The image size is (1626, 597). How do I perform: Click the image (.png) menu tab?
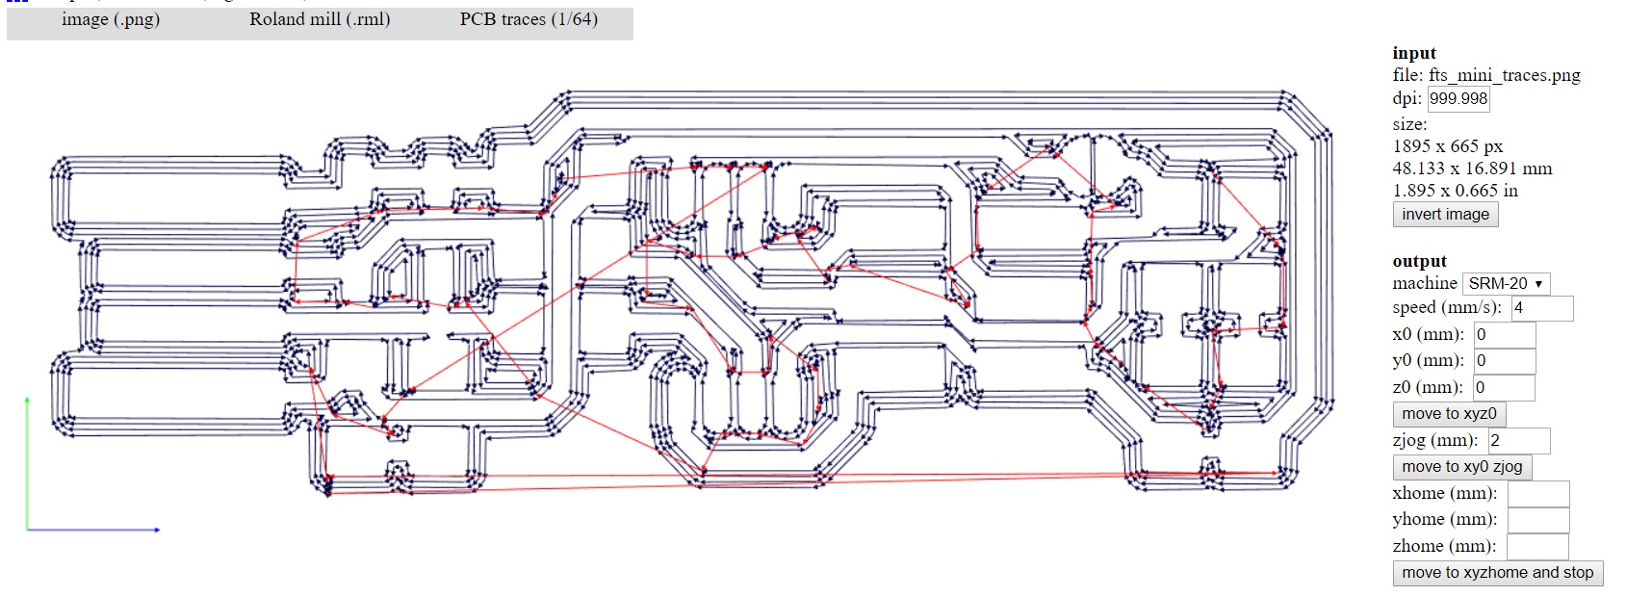click(x=111, y=19)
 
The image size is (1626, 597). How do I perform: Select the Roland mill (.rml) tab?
click(x=320, y=19)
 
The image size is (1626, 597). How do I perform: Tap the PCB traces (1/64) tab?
click(x=529, y=19)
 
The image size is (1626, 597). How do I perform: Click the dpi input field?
click(x=1458, y=98)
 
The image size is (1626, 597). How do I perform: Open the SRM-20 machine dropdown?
click(x=1506, y=283)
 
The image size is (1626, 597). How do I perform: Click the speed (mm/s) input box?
click(x=1541, y=308)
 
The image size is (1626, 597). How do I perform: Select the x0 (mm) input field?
click(x=1504, y=335)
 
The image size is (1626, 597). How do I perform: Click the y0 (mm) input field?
click(x=1504, y=361)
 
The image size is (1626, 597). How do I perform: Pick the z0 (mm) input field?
click(x=1503, y=387)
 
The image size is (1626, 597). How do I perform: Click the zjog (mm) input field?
click(x=1518, y=440)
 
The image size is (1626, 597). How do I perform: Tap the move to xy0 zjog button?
click(x=1461, y=467)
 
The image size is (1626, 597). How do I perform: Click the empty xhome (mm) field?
click(x=1537, y=494)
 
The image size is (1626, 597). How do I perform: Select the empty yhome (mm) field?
click(x=1537, y=520)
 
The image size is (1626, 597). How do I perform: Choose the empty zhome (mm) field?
click(x=1536, y=547)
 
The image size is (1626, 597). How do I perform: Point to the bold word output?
click(x=1419, y=261)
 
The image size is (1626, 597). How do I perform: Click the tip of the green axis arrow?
click(x=27, y=398)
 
